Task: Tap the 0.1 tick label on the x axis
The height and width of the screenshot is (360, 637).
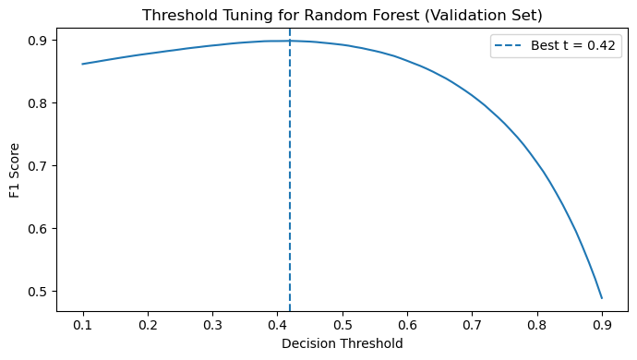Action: point(83,326)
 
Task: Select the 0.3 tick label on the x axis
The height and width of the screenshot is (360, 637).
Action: point(212,326)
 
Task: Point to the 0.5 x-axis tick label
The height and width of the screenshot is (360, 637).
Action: point(343,326)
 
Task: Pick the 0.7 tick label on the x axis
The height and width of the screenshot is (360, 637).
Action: point(472,326)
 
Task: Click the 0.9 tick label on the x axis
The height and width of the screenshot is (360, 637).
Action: point(602,326)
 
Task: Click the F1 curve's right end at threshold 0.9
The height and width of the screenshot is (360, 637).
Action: point(602,298)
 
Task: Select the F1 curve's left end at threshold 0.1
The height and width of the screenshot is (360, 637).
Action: point(83,64)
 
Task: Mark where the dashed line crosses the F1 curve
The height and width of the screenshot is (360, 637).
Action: point(290,41)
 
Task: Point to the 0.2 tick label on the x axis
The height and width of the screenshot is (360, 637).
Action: point(148,326)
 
